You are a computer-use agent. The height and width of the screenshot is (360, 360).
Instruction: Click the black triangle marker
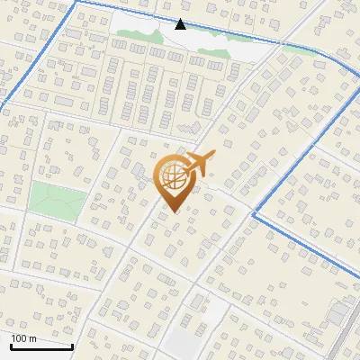coord(180,24)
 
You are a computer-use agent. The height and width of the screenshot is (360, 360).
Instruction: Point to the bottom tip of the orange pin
coord(172,212)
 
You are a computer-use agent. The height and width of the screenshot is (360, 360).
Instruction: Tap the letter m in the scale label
coord(33,338)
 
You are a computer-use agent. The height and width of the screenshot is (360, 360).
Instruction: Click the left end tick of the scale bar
coord(11,345)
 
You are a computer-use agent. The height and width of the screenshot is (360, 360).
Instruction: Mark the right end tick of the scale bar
coord(73,345)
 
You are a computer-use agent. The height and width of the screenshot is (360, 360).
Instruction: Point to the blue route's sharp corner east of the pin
coord(255,215)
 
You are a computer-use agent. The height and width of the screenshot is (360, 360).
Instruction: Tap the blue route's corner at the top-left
coord(76,3)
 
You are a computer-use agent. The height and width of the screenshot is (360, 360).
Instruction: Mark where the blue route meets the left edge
coord(2,109)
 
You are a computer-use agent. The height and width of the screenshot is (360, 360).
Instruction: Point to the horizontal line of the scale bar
coord(41,346)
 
